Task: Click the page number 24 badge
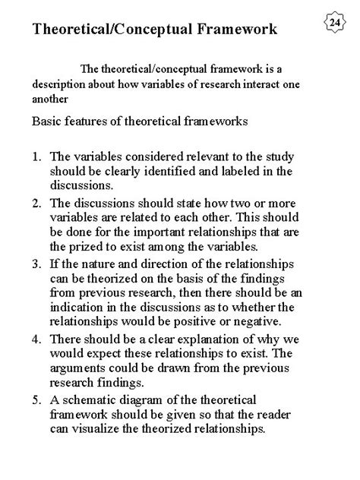click(x=335, y=23)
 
